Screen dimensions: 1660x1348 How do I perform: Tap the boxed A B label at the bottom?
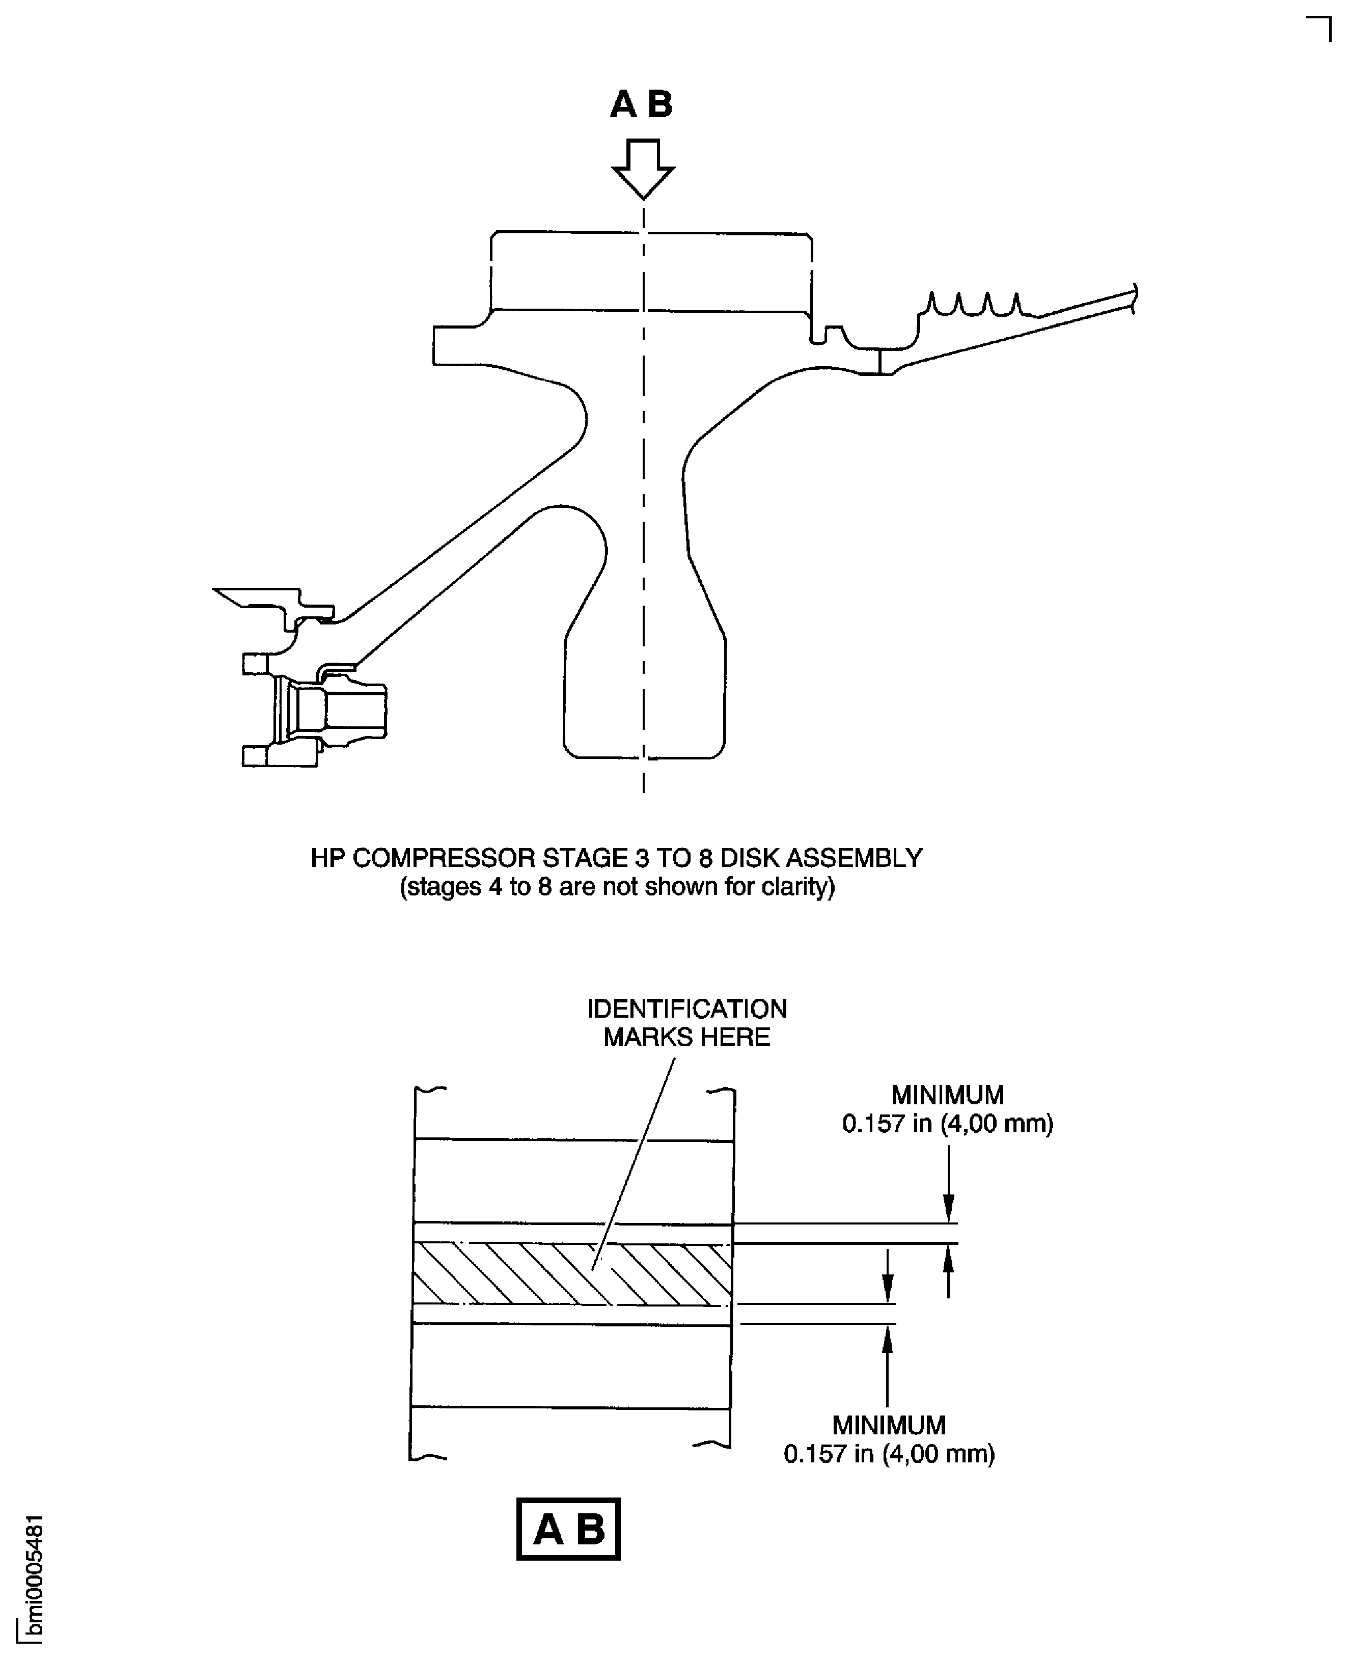tap(568, 1529)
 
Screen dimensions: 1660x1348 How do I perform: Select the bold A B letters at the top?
tap(641, 104)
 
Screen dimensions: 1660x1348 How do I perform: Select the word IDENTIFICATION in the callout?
tap(686, 1009)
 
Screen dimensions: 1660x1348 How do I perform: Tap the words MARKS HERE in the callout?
tap(686, 1037)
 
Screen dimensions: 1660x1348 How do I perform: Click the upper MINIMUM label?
tap(947, 1095)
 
